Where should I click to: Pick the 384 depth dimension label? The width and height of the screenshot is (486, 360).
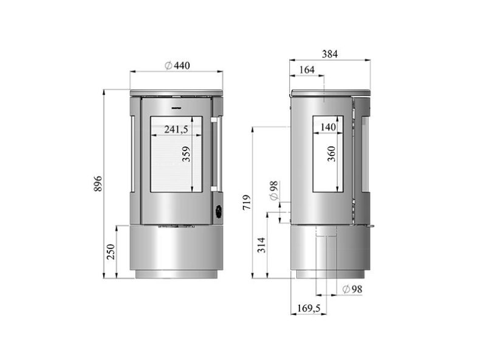click(330, 54)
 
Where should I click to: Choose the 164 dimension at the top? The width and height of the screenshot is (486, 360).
click(307, 70)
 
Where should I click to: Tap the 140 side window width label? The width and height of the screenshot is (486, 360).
click(329, 127)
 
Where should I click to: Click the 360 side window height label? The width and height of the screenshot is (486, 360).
click(331, 155)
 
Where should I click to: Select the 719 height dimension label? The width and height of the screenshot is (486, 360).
click(246, 202)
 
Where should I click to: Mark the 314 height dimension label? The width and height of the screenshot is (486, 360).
click(261, 244)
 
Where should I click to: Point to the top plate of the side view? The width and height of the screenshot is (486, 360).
click(331, 92)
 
